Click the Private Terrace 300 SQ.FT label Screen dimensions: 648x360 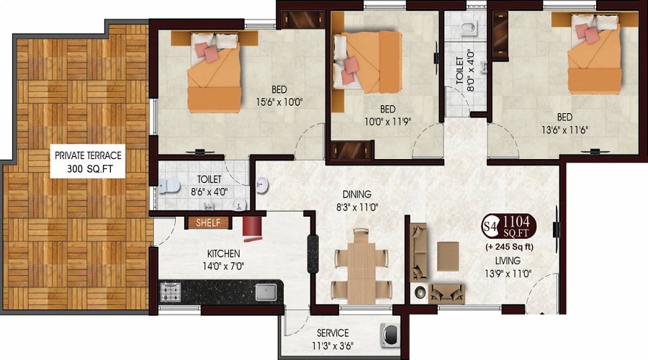coord(88,161)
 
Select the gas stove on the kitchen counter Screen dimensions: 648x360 coord(170,292)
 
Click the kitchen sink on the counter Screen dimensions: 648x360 coord(266,292)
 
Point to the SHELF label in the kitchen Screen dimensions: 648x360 coord(208,222)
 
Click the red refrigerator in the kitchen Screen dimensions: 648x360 coord(253,228)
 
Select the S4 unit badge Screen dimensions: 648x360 coord(490,227)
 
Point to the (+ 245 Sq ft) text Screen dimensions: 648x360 coord(509,247)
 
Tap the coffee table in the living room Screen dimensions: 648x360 coord(448,256)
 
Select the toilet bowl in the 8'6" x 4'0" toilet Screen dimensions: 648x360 coord(169,186)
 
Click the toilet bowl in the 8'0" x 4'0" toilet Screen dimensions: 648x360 coord(469,28)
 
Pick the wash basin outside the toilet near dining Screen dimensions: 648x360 coord(261,186)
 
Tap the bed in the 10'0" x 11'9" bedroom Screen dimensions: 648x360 coord(367,62)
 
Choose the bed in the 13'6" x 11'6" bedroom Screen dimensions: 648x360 coord(594,53)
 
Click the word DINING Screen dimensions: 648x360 coord(357,194)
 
